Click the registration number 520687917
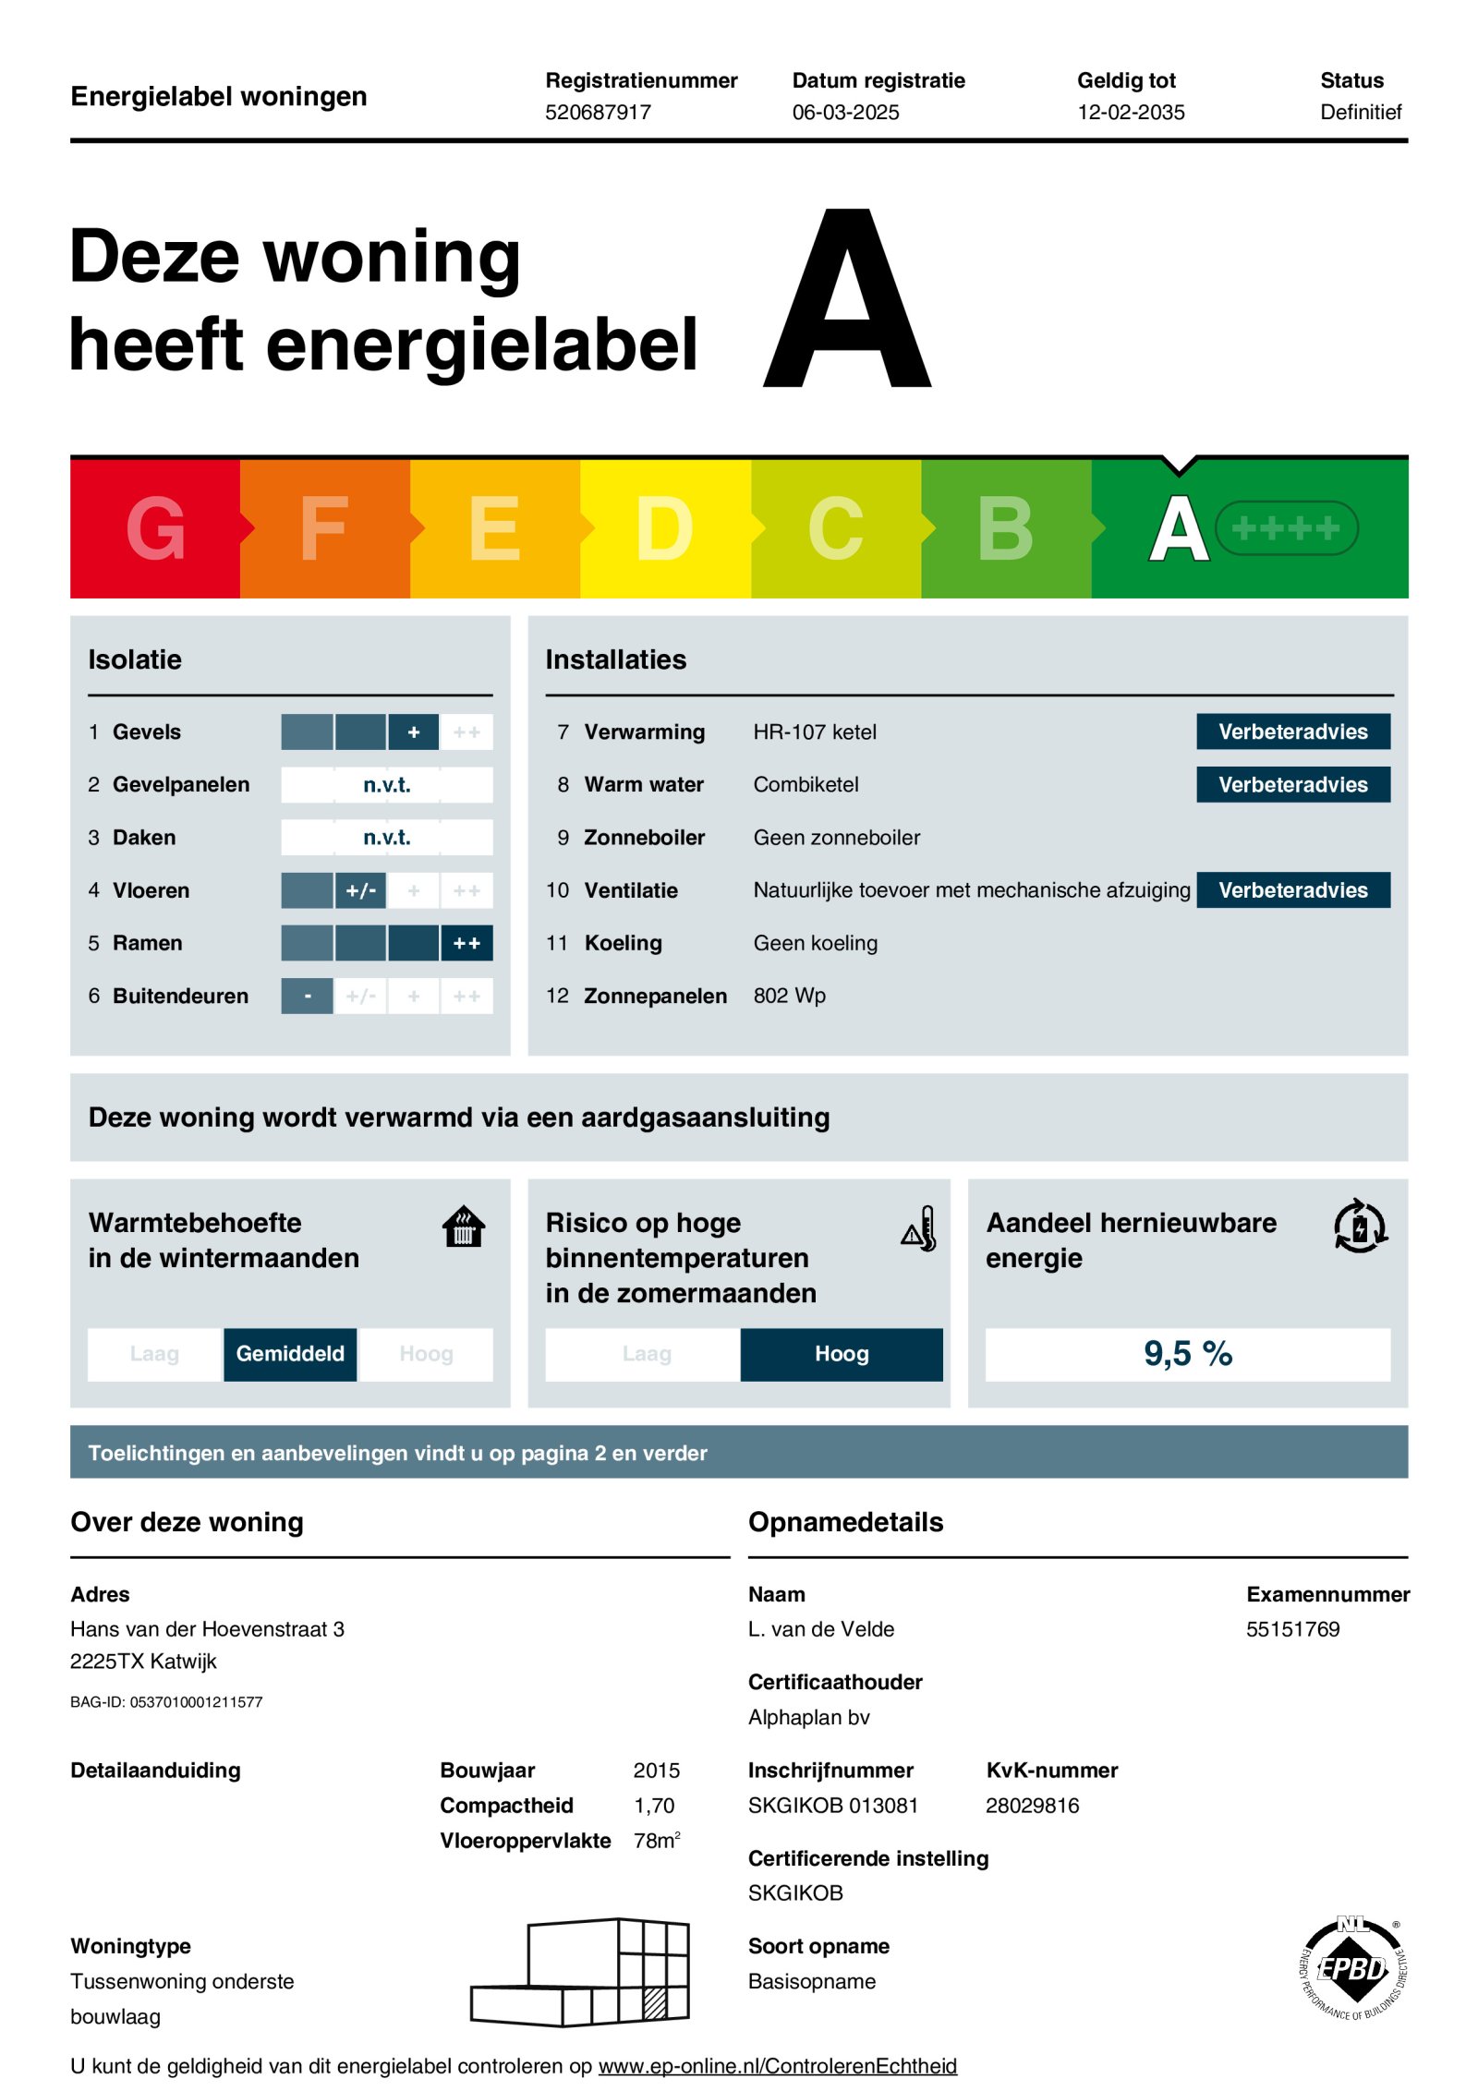coord(598,112)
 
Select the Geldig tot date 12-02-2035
coord(1130,112)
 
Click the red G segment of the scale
coord(155,528)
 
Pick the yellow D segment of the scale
coord(664,528)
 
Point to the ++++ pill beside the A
coord(1285,528)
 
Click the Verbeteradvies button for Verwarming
coord(1292,731)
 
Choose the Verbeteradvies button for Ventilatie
coord(1292,890)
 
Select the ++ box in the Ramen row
coord(466,943)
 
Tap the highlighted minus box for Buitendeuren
coord(307,996)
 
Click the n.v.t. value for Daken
coord(386,838)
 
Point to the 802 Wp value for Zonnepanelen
coord(789,996)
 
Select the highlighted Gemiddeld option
coord(290,1354)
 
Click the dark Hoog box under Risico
coord(842,1354)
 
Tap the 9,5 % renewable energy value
coord(1187,1354)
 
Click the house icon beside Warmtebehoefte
coord(464,1227)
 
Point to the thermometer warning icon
coord(919,1228)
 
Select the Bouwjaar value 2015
coord(656,1771)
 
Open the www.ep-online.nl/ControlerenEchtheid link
coord(777,2066)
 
